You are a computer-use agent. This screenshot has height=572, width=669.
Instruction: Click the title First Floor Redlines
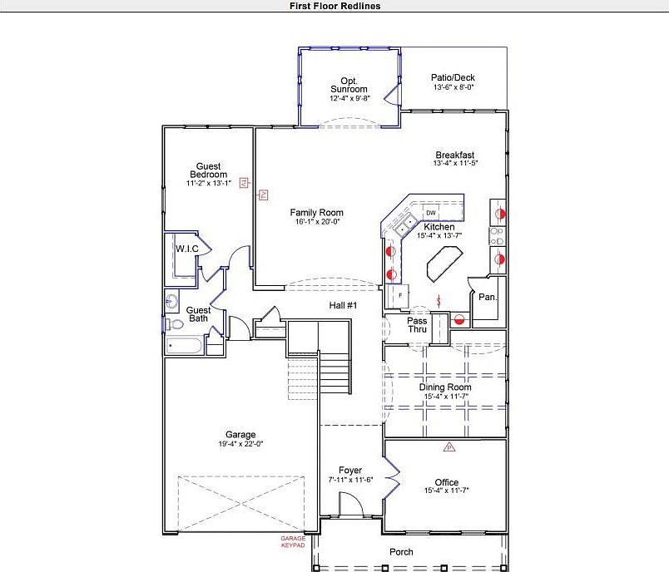click(x=334, y=6)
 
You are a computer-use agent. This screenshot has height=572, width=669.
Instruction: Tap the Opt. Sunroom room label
click(x=349, y=85)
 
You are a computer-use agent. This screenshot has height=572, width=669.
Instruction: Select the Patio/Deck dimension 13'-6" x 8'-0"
click(x=453, y=87)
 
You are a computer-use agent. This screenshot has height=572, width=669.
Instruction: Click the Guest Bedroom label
click(x=208, y=170)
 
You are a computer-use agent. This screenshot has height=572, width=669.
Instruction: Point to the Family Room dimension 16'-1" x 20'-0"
click(x=316, y=223)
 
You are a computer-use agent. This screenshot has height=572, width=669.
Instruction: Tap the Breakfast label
click(x=454, y=155)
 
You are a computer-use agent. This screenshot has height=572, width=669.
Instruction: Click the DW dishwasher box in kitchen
click(x=431, y=213)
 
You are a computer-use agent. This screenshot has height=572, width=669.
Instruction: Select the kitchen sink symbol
click(x=405, y=224)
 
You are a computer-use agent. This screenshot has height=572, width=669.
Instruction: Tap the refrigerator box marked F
click(x=400, y=295)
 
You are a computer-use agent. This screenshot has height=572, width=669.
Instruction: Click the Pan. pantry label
click(x=488, y=297)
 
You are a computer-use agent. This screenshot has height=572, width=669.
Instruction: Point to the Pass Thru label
click(x=417, y=325)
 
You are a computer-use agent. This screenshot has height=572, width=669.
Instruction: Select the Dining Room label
click(x=444, y=387)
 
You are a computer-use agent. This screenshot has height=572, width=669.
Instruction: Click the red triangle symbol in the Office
click(x=448, y=447)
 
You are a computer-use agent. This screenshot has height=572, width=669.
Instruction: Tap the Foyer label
click(x=350, y=471)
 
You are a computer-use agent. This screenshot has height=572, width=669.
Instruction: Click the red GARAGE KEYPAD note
click(x=293, y=542)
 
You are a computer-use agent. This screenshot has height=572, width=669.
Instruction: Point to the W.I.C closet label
click(x=185, y=249)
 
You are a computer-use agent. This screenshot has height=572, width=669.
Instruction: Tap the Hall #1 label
click(x=343, y=306)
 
